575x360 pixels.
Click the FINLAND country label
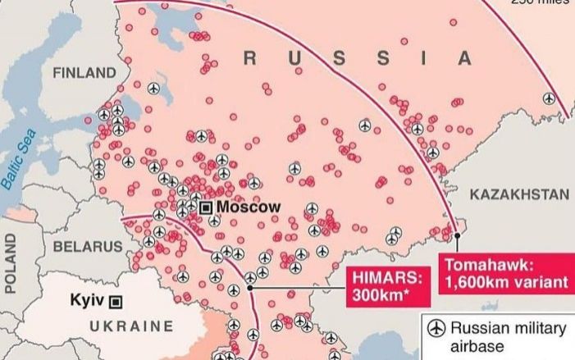84,73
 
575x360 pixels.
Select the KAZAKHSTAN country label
519,194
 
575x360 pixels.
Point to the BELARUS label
87,246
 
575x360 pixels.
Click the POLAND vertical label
11,262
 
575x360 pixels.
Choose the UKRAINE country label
131,326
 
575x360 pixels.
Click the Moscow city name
249,207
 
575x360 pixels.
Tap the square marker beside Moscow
206,207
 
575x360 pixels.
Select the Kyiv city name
88,300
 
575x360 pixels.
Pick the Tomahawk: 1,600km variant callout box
505,273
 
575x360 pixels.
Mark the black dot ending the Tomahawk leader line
458,237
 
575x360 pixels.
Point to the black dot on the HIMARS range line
249,289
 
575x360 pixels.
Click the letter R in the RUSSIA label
251,57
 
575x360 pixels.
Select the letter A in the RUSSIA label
465,58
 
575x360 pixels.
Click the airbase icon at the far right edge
549,98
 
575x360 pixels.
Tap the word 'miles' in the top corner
554,2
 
